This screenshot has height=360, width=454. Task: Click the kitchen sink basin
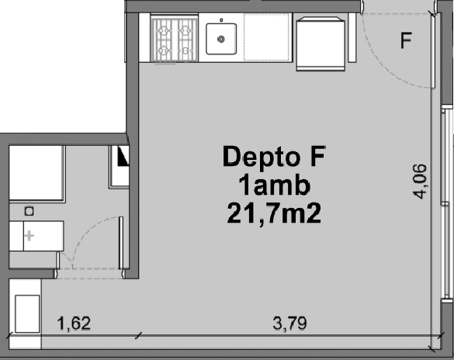click(221, 39)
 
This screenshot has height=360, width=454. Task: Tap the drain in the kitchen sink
click(221, 39)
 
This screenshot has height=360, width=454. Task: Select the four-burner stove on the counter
click(174, 39)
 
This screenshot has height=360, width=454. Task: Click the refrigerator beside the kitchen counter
click(321, 44)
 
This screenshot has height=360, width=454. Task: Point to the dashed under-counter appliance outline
click(266, 37)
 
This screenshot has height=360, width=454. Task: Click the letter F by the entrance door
click(406, 40)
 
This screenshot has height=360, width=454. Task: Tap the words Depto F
click(274, 156)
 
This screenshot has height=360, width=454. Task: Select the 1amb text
click(274, 185)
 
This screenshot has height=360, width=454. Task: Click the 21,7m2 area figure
click(274, 213)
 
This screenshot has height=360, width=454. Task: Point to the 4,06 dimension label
click(420, 182)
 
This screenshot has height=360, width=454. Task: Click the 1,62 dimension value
click(75, 324)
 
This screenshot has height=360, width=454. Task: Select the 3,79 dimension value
click(289, 324)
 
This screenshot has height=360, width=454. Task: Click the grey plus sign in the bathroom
click(29, 236)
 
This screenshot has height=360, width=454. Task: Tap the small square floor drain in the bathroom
click(29, 211)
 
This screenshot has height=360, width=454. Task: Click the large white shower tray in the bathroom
click(36, 173)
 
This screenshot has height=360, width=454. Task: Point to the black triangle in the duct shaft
click(123, 156)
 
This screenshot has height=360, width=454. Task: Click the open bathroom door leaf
click(121, 243)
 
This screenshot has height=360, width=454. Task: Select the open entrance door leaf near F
click(433, 50)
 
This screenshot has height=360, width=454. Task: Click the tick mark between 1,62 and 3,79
click(139, 336)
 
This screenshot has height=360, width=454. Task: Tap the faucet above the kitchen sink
click(221, 20)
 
